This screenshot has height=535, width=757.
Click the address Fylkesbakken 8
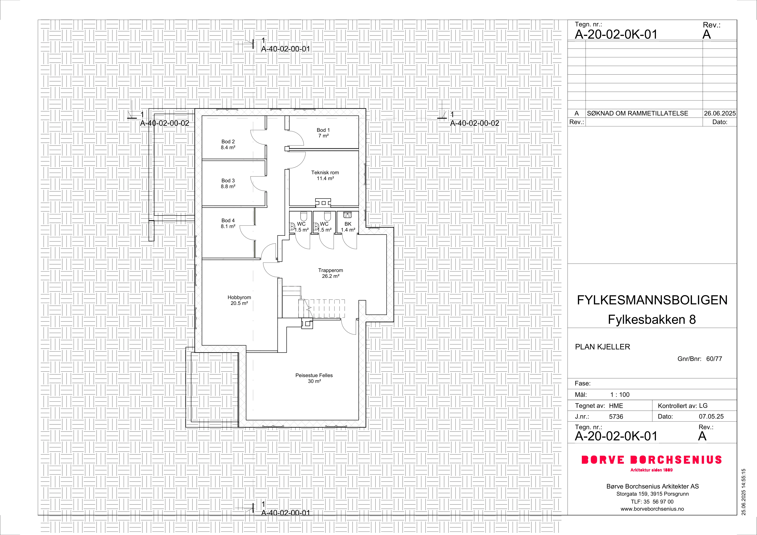pos(652,319)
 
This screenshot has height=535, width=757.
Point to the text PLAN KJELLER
pos(602,347)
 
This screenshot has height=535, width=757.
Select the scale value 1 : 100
pos(620,395)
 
